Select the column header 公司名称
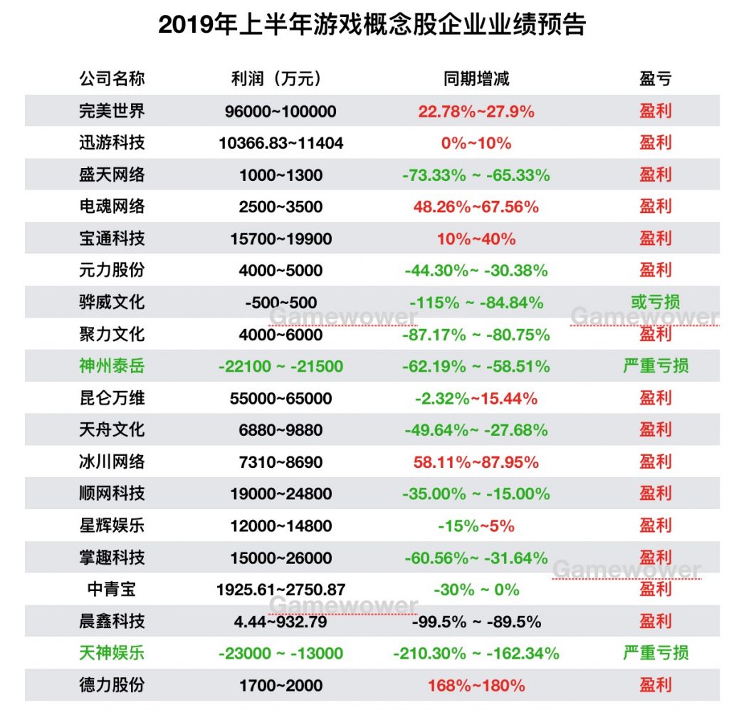pos(112,78)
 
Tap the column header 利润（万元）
pos(280,78)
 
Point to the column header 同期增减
pos(476,78)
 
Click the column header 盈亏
pos(655,78)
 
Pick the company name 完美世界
pos(112,111)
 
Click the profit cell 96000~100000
pos(280,112)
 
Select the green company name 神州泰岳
pos(112,366)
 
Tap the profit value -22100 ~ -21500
pos(280,367)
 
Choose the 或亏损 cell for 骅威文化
pos(655,302)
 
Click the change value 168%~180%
pos(476,686)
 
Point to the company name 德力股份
pos(112,685)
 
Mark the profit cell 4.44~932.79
pos(280,622)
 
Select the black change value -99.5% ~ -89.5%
pos(476,622)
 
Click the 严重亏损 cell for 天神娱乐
pos(655,653)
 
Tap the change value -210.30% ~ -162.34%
pos(476,654)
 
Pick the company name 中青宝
pos(112,589)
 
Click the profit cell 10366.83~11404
pos(280,143)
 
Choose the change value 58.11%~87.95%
pos(476,462)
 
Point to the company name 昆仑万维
pos(112,398)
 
